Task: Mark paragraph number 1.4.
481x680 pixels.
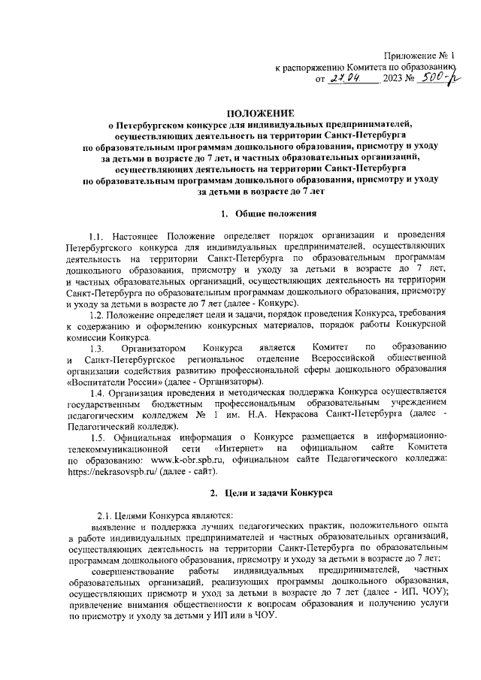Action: point(100,393)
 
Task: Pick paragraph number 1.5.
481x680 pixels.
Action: point(100,438)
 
